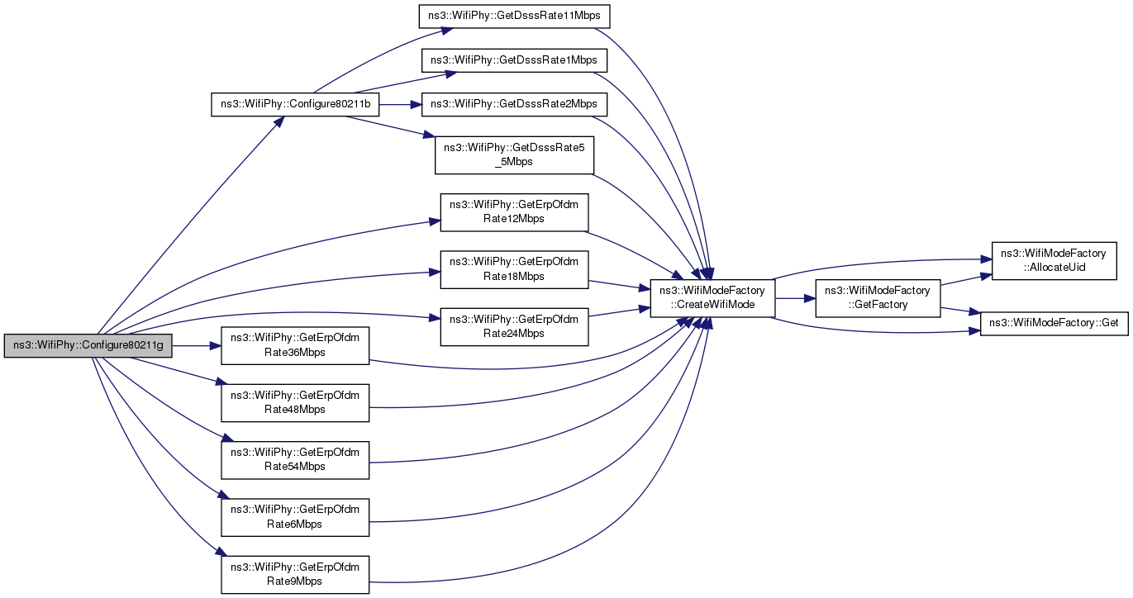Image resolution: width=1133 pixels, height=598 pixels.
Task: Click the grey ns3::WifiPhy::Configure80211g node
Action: [x=88, y=346]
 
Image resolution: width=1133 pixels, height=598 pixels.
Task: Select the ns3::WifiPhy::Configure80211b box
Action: [x=295, y=105]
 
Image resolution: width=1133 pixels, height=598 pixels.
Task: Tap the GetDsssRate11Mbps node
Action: [x=514, y=17]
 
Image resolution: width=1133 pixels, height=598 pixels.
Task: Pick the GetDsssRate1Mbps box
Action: [x=514, y=60]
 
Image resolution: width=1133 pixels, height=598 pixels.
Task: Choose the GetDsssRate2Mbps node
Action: [x=514, y=105]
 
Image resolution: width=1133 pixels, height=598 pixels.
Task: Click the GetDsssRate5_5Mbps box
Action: [x=514, y=155]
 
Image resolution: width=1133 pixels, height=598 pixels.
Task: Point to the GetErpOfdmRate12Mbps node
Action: [x=514, y=212]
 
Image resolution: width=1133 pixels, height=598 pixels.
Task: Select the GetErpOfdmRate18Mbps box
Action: [x=514, y=270]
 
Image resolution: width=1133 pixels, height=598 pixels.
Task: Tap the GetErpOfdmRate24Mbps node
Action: [x=514, y=327]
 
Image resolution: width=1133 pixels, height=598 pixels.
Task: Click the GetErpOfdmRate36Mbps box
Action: [x=295, y=346]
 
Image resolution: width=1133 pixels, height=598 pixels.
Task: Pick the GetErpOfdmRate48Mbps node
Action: [x=295, y=403]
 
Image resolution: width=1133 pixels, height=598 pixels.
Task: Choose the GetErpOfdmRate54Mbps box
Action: [x=295, y=460]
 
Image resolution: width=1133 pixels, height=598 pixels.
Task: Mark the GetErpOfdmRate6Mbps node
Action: [x=295, y=518]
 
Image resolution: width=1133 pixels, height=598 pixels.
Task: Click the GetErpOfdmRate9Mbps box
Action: [x=295, y=575]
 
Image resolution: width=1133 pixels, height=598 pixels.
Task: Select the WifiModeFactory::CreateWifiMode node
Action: [x=712, y=298]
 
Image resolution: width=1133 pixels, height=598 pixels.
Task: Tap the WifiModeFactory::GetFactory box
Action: [x=878, y=298]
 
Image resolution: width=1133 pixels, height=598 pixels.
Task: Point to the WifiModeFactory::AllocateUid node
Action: [x=1054, y=261]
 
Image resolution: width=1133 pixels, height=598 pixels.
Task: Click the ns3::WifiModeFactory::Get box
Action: [x=1054, y=324]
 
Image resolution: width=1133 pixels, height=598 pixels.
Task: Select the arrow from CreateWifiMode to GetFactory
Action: [x=795, y=298]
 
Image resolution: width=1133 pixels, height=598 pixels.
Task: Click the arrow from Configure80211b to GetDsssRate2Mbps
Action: [x=400, y=105]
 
